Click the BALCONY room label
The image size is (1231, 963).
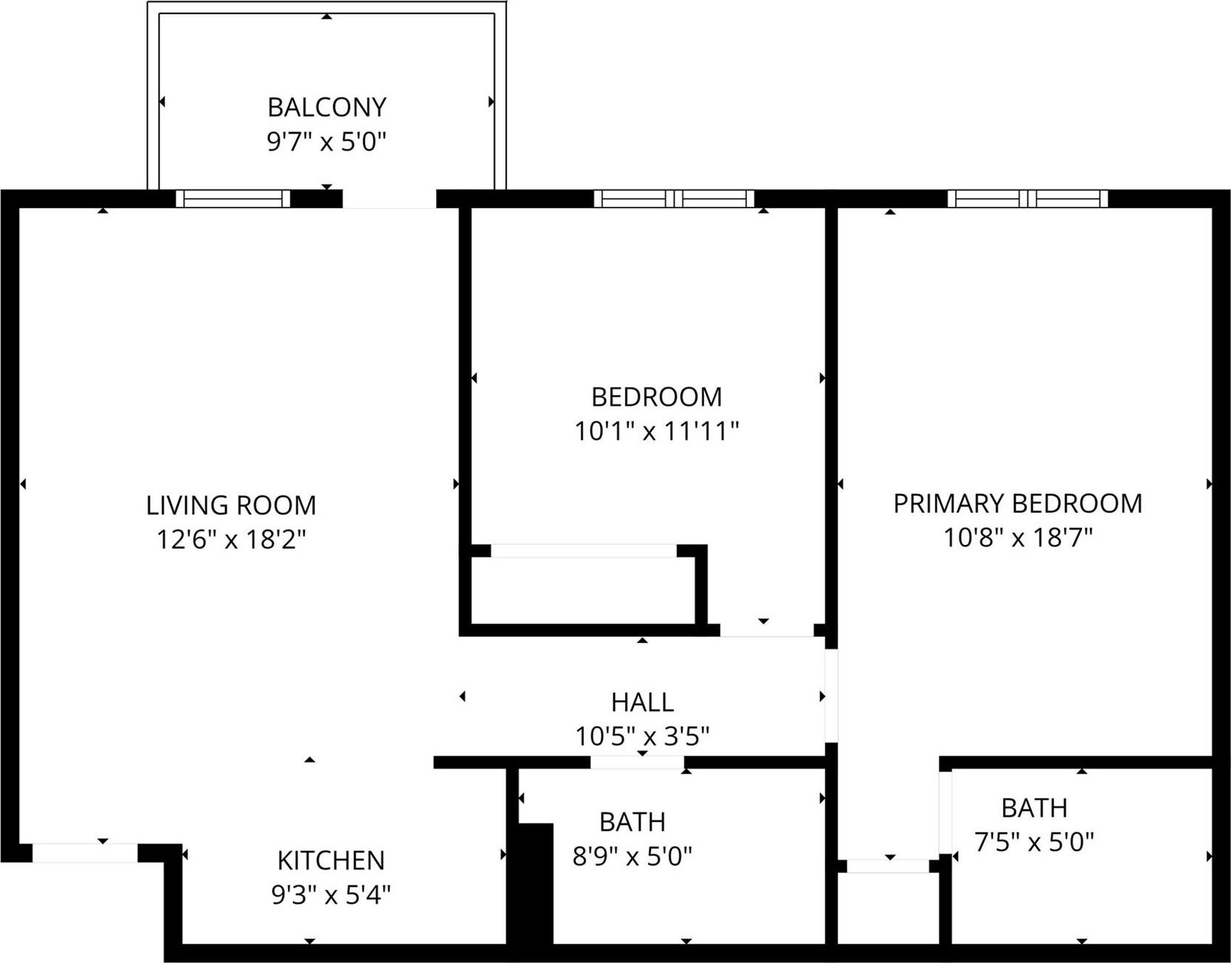pyautogui.click(x=326, y=108)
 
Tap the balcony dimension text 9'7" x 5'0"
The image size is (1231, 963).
pyautogui.click(x=326, y=141)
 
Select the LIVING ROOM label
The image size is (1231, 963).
pyautogui.click(x=231, y=506)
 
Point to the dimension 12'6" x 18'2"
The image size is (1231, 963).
pyautogui.click(x=231, y=540)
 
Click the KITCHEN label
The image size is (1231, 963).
pyautogui.click(x=331, y=861)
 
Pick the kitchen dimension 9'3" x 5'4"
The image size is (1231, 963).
pyautogui.click(x=331, y=895)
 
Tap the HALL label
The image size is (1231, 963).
pyautogui.click(x=642, y=702)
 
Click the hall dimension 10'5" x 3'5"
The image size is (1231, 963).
pyautogui.click(x=642, y=736)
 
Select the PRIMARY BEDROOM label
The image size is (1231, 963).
pyautogui.click(x=1018, y=504)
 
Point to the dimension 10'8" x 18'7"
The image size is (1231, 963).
pyautogui.click(x=1018, y=538)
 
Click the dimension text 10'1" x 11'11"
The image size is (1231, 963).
pyautogui.click(x=656, y=431)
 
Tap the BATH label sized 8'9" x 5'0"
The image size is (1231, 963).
pyautogui.click(x=632, y=822)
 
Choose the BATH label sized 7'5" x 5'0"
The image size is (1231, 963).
pyautogui.click(x=1034, y=808)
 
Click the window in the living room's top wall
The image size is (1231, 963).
pyautogui.click(x=233, y=199)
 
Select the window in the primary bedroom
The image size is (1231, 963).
pyautogui.click(x=1027, y=199)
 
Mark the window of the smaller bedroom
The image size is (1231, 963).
pyautogui.click(x=674, y=199)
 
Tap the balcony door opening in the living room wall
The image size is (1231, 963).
pyautogui.click(x=390, y=199)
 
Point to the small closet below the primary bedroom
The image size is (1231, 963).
pyautogui.click(x=888, y=908)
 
